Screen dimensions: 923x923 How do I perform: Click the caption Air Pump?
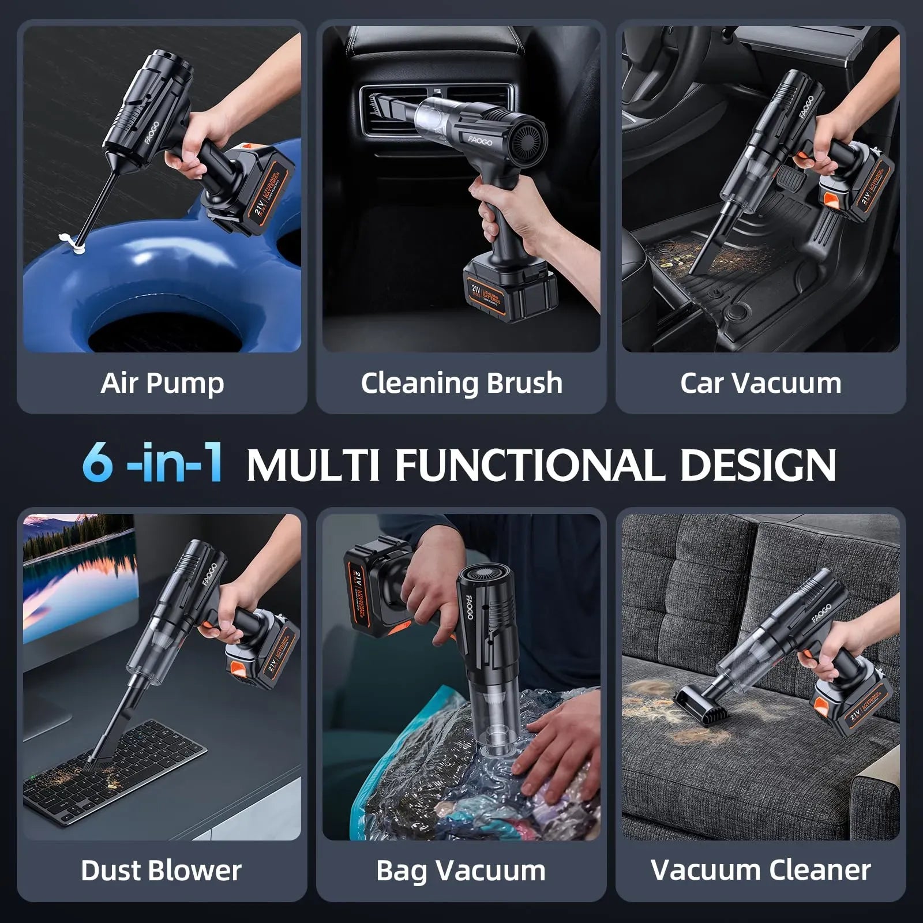[162, 384]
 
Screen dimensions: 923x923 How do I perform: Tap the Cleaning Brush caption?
[461, 384]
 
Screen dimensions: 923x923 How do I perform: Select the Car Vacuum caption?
[760, 384]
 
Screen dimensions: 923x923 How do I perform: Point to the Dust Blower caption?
[161, 871]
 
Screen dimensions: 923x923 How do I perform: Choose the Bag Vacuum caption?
[460, 871]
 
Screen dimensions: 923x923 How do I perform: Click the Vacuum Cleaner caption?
[760, 871]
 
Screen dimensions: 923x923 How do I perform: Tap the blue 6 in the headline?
[97, 463]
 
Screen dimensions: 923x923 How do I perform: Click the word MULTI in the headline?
[313, 464]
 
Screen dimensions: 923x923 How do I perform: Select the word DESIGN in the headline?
[757, 464]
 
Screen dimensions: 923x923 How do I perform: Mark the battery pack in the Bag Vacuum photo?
[375, 588]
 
